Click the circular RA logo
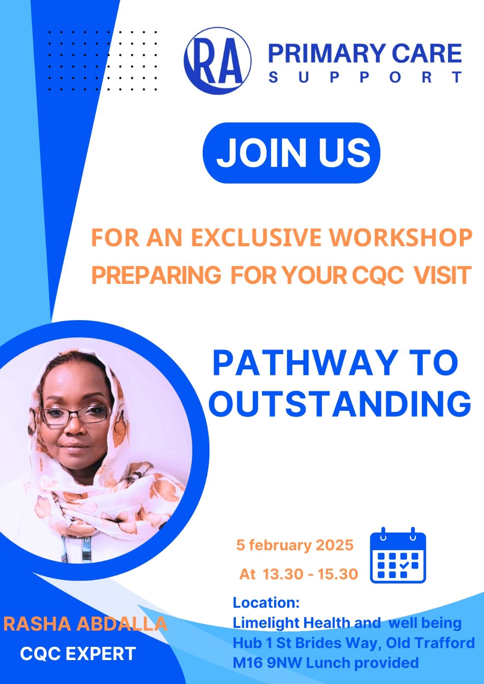(217, 61)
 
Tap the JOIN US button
(291, 153)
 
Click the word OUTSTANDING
(340, 404)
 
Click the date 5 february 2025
(295, 545)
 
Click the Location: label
(266, 603)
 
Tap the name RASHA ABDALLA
(85, 624)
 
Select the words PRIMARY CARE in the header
(365, 53)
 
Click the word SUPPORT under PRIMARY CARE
(365, 77)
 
